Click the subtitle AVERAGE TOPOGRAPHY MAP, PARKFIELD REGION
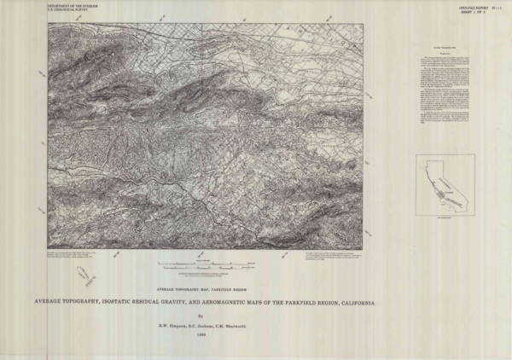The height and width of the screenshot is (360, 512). (204, 290)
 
